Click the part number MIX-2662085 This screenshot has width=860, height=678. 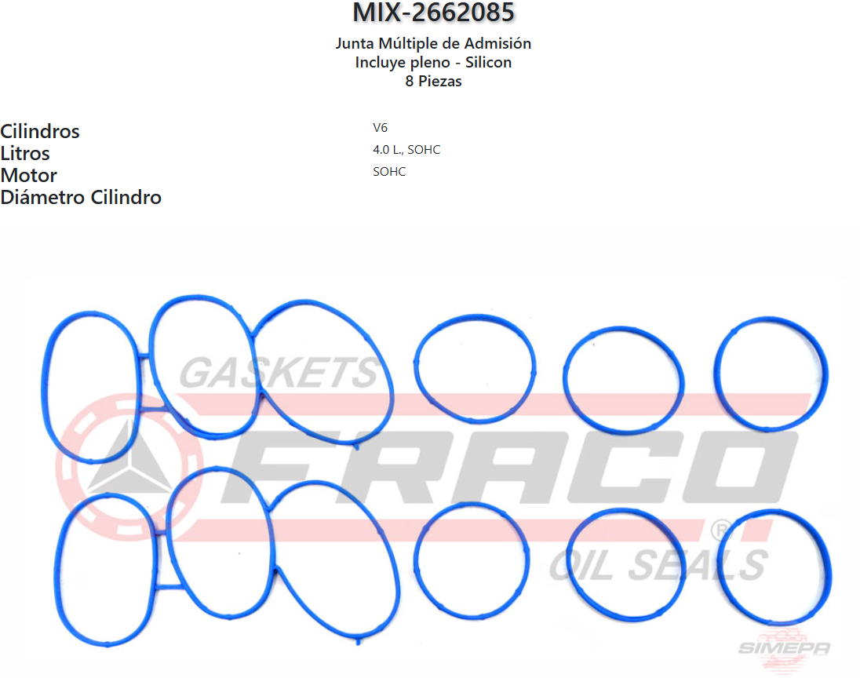pyautogui.click(x=433, y=13)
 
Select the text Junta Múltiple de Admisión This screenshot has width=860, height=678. pyautogui.click(x=433, y=44)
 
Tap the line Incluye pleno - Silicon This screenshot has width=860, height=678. pyautogui.click(x=433, y=63)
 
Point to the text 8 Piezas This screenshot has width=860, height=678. pyautogui.click(x=433, y=81)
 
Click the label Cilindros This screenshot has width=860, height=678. pyautogui.click(x=40, y=131)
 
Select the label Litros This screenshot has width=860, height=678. pyautogui.click(x=25, y=153)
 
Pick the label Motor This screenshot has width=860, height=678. pyautogui.click(x=28, y=175)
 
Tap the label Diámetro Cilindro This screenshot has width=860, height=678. pyautogui.click(x=81, y=197)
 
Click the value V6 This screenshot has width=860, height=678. pyautogui.click(x=380, y=128)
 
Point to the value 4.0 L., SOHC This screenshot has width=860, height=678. pyautogui.click(x=406, y=150)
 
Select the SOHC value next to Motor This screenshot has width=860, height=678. pyautogui.click(x=389, y=172)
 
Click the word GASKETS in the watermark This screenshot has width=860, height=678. pyautogui.click(x=279, y=373)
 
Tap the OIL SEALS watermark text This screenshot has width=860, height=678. pyautogui.click(x=658, y=564)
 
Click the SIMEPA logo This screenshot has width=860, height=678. pyautogui.click(x=783, y=645)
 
